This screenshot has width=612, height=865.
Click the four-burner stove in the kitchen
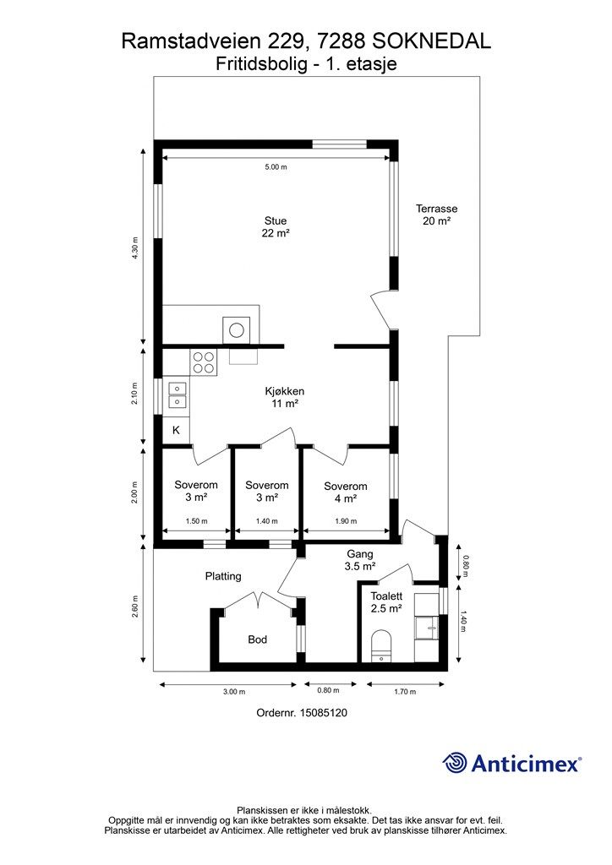coord(204,362)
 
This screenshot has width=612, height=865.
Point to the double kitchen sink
coord(177,395)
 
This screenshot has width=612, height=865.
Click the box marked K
coord(176,430)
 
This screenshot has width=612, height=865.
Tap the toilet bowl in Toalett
coord(381,645)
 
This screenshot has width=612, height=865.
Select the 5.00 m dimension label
coord(276,166)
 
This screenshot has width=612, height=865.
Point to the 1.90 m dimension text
coord(346,520)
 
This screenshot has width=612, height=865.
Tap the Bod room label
coord(257,639)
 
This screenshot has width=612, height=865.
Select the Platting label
coord(223,576)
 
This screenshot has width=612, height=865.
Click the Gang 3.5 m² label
coord(360,560)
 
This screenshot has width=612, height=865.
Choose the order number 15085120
coord(324,713)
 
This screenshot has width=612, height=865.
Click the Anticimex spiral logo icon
coord(455,763)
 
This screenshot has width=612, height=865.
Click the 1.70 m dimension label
coord(405,692)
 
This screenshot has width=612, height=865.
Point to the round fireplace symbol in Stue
coord(236,330)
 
